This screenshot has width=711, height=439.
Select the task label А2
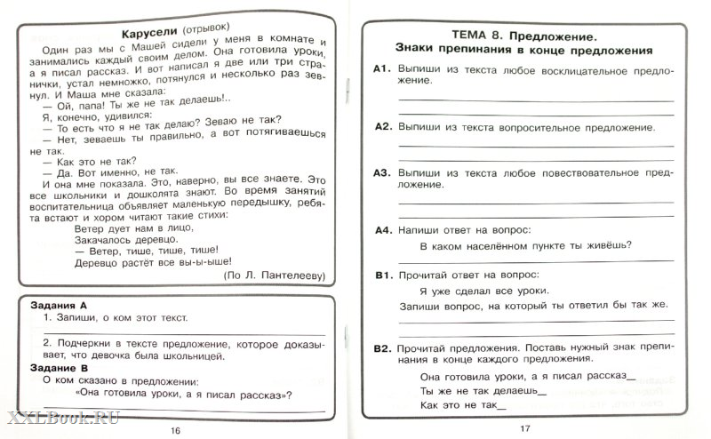[383, 127]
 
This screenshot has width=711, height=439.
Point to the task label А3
[383, 172]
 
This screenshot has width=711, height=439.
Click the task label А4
[383, 230]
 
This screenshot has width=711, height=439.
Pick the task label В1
[383, 275]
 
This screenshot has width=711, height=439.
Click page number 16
[174, 430]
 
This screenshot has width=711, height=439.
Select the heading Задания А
[54, 302]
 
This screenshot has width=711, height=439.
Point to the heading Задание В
[54, 366]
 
